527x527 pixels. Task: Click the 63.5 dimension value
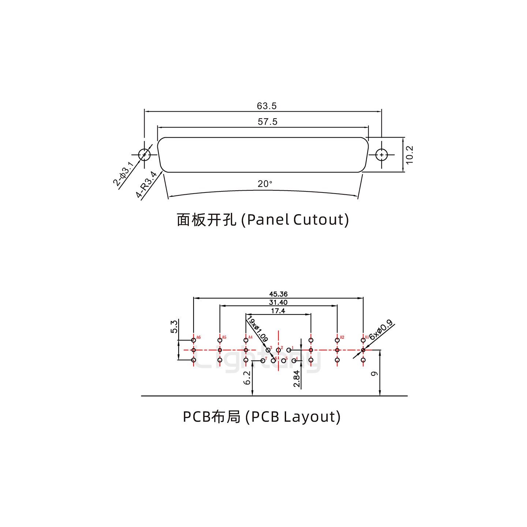(267, 106)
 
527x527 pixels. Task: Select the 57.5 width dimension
(268, 122)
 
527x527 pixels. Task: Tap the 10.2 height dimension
(409, 155)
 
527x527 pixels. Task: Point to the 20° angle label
(265, 184)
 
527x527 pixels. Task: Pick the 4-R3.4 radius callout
(147, 185)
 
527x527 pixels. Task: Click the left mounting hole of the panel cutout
(145, 155)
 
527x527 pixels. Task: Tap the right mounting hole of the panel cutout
(382, 155)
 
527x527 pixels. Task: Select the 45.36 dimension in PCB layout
(278, 294)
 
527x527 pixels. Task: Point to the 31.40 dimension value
(278, 302)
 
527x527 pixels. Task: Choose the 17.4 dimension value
(278, 311)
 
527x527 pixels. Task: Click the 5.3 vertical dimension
(174, 326)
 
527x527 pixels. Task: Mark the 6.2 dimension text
(247, 377)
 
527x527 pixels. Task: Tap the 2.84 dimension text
(296, 378)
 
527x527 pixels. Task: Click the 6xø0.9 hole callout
(381, 330)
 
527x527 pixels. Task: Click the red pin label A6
(198, 337)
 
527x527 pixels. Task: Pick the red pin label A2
(342, 337)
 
